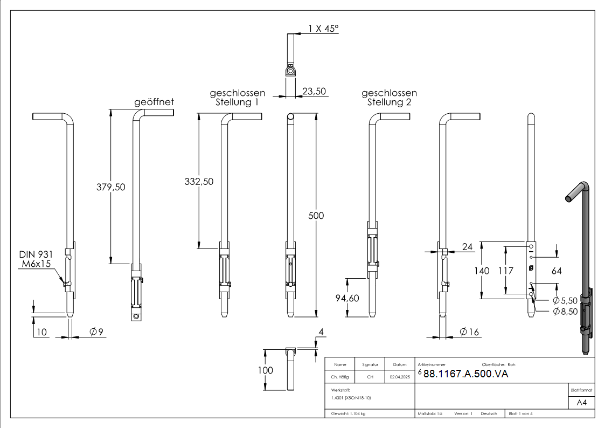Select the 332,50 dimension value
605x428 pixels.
(199, 182)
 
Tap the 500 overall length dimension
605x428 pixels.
(316, 216)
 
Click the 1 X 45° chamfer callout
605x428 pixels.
(323, 29)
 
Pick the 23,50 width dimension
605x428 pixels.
(314, 92)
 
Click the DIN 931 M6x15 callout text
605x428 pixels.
(36, 259)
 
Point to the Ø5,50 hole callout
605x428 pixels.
(565, 300)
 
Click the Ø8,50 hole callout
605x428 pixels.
(565, 311)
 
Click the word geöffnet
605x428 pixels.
(154, 102)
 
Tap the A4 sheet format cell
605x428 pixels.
(581, 402)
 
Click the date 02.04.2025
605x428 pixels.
(400, 377)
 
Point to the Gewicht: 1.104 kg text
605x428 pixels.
(349, 413)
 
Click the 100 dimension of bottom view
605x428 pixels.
(266, 370)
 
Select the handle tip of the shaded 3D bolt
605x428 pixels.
(568, 199)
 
